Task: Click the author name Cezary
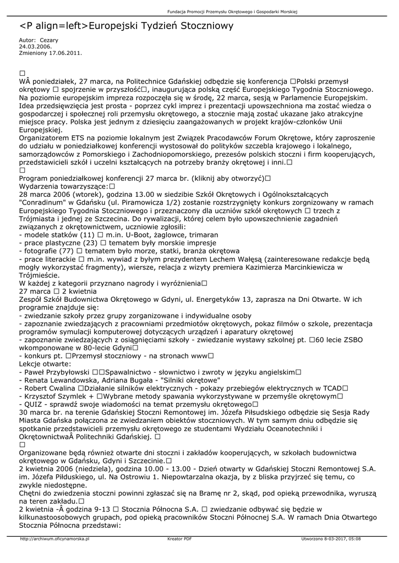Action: pos(49,41)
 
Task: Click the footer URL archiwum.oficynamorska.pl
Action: pos(54,539)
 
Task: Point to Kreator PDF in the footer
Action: pos(179,539)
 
